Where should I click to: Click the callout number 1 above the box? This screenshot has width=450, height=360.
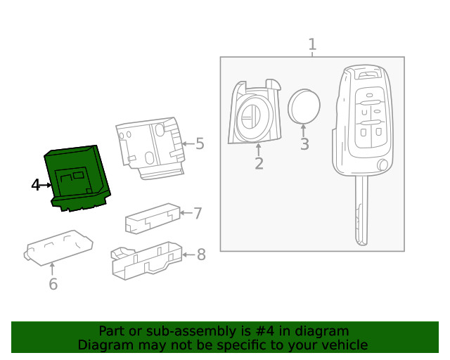(312, 45)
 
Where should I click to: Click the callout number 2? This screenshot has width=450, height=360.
(259, 164)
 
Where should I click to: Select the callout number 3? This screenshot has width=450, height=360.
(304, 145)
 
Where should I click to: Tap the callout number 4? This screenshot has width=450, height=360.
(36, 185)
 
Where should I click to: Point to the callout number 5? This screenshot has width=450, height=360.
(200, 144)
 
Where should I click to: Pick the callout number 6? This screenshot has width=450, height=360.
(53, 284)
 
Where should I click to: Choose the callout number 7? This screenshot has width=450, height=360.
(198, 213)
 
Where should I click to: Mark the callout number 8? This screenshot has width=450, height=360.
(201, 254)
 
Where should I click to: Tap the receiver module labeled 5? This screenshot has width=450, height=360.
(149, 146)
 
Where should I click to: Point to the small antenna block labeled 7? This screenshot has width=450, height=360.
(150, 218)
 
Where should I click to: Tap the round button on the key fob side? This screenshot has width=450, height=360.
(382, 165)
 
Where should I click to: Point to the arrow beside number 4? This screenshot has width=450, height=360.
(48, 185)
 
